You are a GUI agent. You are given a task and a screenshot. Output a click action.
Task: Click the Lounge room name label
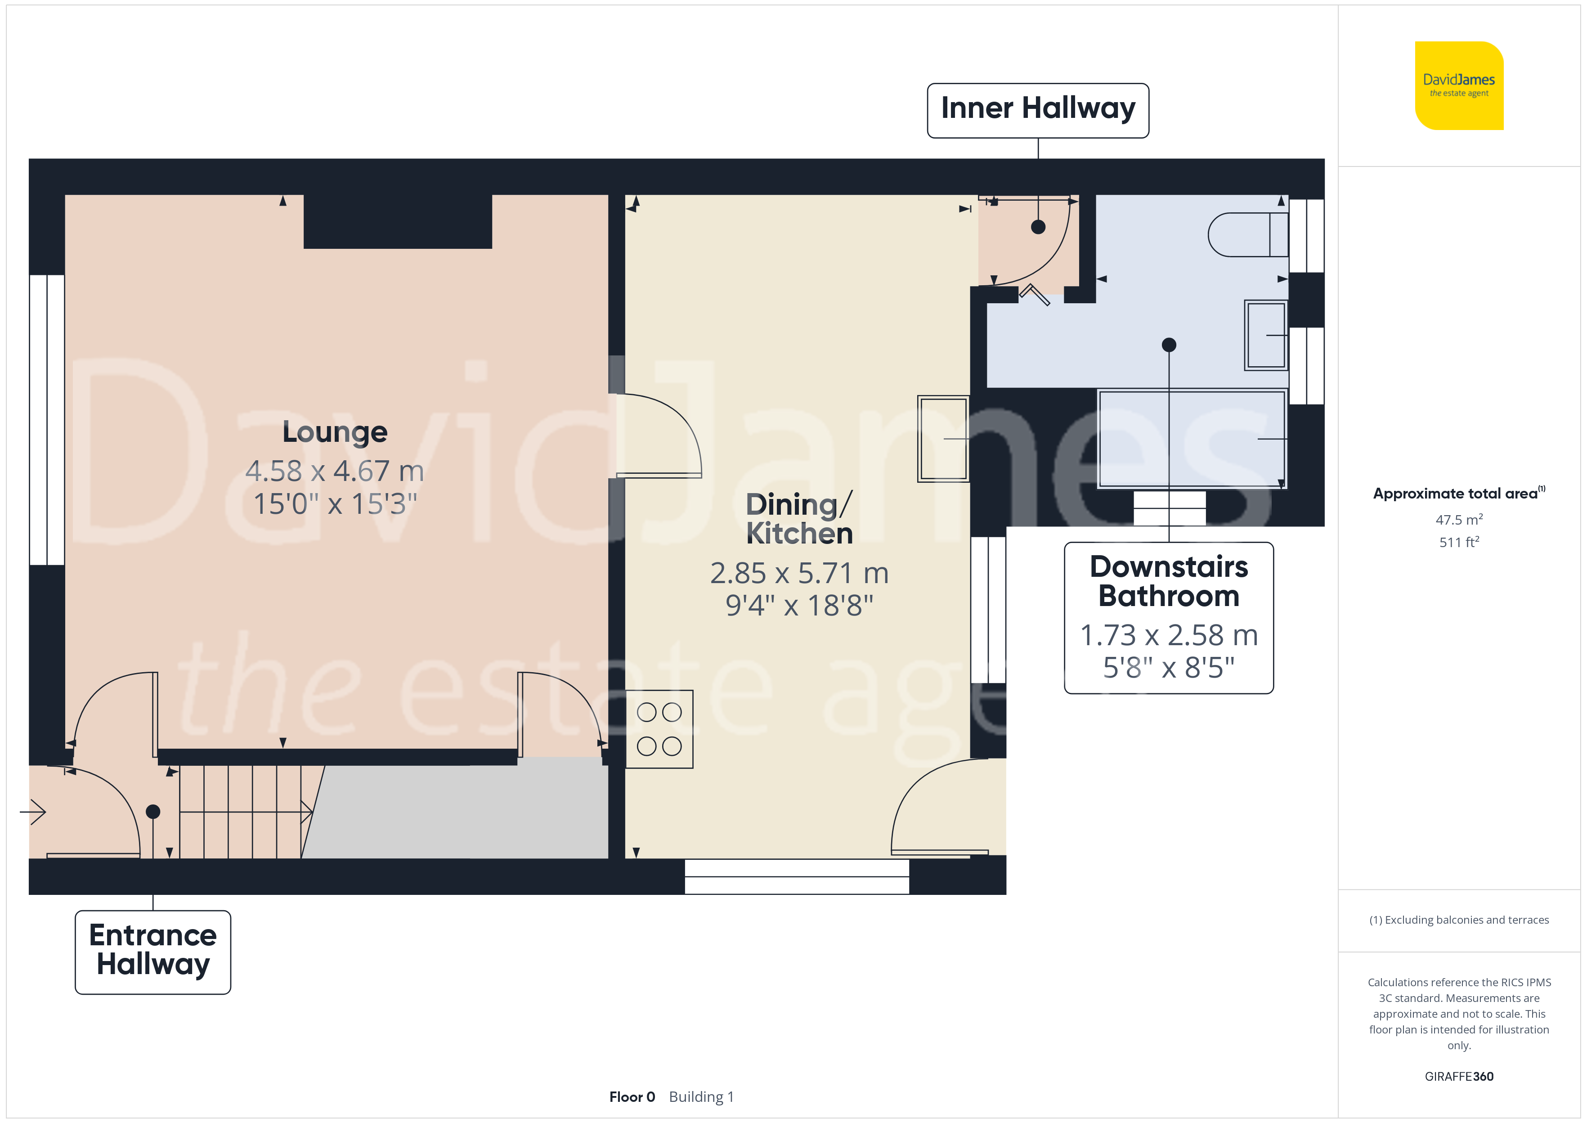335,432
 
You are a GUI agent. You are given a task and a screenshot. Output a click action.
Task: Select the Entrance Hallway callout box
153,952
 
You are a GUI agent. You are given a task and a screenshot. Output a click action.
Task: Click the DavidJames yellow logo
1459,86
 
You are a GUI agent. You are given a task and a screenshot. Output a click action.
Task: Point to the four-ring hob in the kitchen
659,729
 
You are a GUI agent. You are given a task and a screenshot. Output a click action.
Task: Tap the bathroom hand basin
1265,335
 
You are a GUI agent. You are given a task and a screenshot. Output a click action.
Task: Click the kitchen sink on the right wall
943,438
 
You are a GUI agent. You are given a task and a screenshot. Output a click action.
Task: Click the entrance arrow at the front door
32,811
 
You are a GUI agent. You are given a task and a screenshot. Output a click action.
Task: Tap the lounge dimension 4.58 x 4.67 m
335,471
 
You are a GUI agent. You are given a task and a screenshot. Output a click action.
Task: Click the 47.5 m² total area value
1459,519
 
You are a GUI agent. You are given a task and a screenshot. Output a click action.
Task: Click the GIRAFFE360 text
1459,1076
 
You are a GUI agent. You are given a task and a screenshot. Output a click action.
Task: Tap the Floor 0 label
632,1097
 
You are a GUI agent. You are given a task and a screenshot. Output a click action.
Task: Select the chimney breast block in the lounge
398,221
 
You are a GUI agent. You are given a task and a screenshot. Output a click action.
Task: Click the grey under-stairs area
460,809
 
